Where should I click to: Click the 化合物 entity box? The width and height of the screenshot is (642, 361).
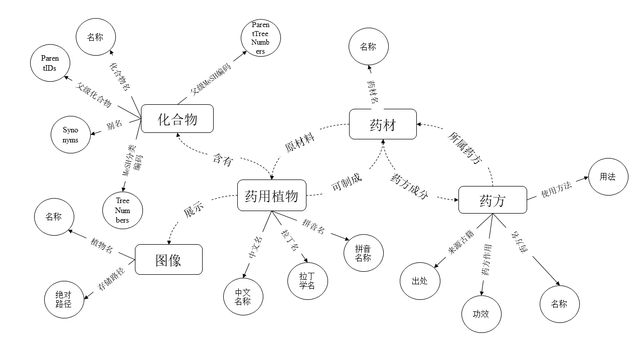click(178, 119)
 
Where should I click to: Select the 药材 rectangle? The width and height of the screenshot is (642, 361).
click(383, 124)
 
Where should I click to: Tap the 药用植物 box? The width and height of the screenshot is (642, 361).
click(271, 195)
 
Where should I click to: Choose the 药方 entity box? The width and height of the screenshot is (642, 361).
click(493, 200)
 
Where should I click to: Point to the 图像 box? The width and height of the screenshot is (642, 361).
click(169, 259)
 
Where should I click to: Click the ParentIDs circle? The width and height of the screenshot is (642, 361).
click(50, 64)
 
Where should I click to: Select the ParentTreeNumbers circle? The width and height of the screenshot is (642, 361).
click(260, 38)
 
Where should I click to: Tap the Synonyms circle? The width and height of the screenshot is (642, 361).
click(71, 134)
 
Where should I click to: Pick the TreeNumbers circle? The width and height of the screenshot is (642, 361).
click(122, 210)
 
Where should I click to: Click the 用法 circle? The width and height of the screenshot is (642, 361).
click(608, 176)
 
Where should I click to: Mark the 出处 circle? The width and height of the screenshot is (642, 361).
click(420, 281)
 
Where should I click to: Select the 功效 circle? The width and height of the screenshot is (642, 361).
click(481, 314)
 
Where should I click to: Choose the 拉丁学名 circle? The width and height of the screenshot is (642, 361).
click(307, 280)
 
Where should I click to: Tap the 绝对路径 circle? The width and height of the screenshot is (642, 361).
click(64, 299)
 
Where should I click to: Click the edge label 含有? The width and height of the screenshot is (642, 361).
click(223, 160)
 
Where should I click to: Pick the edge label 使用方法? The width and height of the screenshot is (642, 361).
click(556, 190)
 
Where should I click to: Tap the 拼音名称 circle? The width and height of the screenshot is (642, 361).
click(363, 253)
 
